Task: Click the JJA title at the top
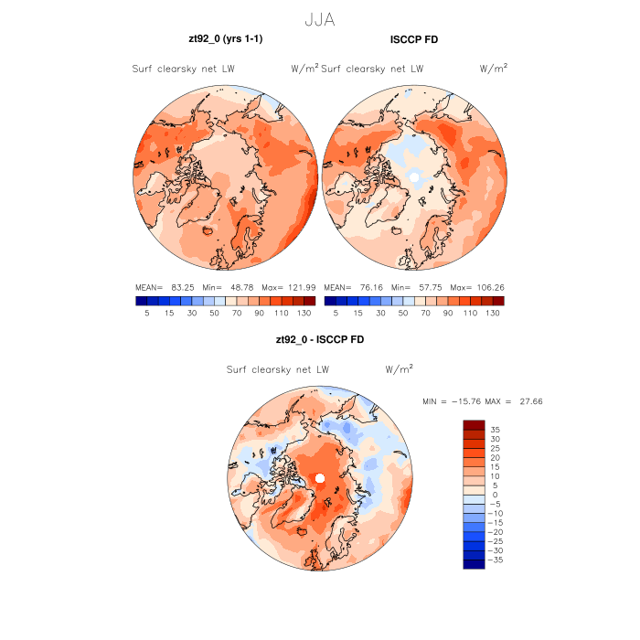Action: tap(320, 17)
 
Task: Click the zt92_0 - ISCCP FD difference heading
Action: tap(319, 339)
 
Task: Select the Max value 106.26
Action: tap(486, 286)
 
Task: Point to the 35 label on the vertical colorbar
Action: tap(495, 429)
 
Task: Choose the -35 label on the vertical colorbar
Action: tap(496, 560)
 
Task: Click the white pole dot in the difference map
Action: tap(320, 479)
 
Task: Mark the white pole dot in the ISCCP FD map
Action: tap(415, 176)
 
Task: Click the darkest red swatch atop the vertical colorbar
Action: tap(474, 425)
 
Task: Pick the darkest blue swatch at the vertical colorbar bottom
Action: tap(474, 564)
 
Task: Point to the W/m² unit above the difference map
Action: tap(399, 369)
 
